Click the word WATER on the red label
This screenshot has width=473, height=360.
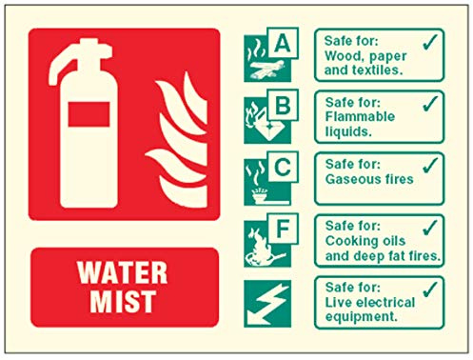tap(122, 272)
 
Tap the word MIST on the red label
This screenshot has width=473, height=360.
tap(123, 301)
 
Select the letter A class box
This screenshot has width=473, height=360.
tap(283, 43)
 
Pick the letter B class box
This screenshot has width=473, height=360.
tap(283, 105)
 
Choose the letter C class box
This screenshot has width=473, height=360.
tap(283, 167)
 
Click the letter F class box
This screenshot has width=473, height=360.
tap(283, 229)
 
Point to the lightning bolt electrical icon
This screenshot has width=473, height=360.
tap(267, 304)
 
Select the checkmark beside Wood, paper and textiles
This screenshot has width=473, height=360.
tap(430, 42)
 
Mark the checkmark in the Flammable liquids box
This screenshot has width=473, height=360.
tap(430, 104)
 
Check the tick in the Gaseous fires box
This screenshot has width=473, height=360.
tap(430, 166)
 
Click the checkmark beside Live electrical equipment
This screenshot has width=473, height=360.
tap(430, 289)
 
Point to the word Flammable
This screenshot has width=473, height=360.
tap(360, 116)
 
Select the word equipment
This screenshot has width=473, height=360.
tap(362, 317)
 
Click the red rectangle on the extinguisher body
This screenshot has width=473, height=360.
tap(89, 114)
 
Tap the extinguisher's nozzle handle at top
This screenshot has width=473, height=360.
tap(80, 60)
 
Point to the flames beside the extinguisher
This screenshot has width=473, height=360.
tap(178, 140)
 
